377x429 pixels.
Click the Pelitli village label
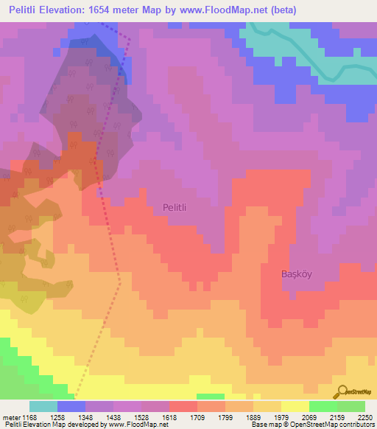point(175,209)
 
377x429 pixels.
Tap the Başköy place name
point(297,274)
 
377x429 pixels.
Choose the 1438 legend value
point(112,417)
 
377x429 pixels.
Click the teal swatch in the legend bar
point(43,406)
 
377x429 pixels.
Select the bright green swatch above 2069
point(323,406)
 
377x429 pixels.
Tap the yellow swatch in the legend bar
point(295,406)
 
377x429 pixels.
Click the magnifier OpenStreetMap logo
point(342,392)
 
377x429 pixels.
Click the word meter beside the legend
point(10,417)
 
